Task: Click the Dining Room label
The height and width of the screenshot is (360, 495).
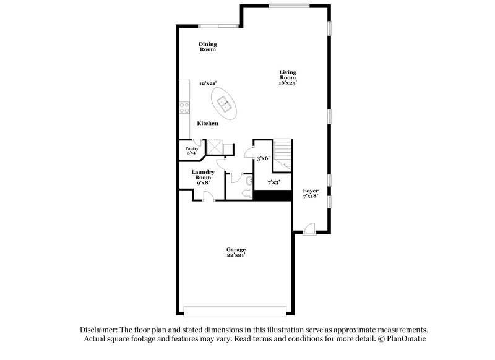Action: [x=207, y=46]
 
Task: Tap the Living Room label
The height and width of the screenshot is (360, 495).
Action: [x=287, y=77]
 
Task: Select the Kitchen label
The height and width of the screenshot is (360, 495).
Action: [x=207, y=124]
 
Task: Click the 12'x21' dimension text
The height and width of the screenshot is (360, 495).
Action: [x=207, y=83]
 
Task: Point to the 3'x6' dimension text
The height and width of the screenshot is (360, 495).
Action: [x=264, y=159]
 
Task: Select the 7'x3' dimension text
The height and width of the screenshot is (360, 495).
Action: [x=273, y=182]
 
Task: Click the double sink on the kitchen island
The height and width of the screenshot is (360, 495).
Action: [x=223, y=103]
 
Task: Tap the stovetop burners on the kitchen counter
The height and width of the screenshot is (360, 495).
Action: [x=184, y=108]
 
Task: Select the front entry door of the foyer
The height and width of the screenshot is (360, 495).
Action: [x=309, y=230]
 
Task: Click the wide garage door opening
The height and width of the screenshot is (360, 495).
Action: [x=236, y=311]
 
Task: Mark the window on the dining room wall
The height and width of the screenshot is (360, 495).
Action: [x=218, y=26]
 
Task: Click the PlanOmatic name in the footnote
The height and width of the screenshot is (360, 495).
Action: [x=405, y=339]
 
